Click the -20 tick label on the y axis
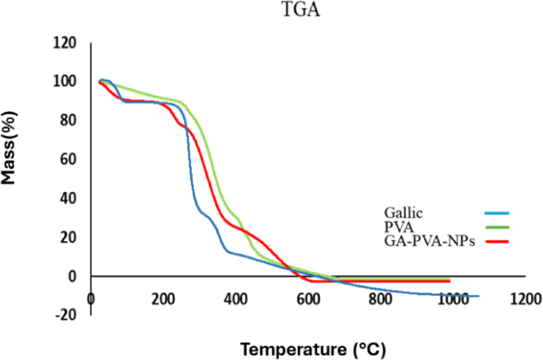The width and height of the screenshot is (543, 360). pos(67,315)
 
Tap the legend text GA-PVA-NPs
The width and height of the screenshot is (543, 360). pos(428,240)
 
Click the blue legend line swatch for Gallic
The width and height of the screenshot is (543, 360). pos(495,213)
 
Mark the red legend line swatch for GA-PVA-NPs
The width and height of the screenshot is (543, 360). pos(495,241)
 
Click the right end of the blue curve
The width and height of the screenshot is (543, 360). pos(478,296)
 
